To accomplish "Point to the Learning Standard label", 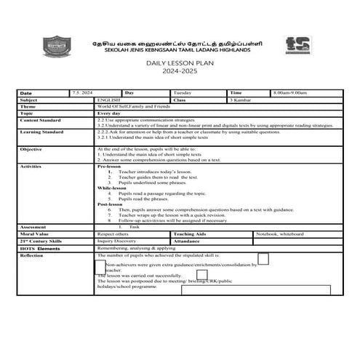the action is pyautogui.click(x=42, y=132).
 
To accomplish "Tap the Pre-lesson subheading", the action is pyautogui.click(x=111, y=166).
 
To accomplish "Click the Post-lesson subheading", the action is pyautogui.click(x=112, y=204).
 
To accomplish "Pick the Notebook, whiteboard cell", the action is pyautogui.click(x=279, y=234).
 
